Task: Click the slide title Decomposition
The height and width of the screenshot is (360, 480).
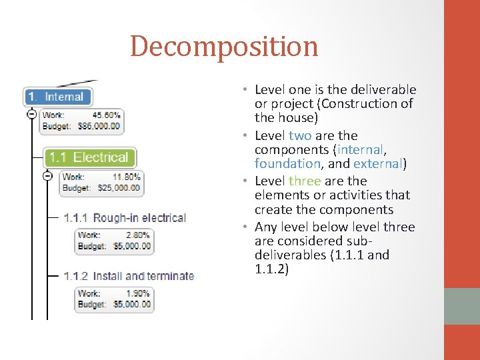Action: point(224,47)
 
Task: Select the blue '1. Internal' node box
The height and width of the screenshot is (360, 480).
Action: point(57,97)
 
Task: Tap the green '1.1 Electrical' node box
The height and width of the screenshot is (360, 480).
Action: point(89,157)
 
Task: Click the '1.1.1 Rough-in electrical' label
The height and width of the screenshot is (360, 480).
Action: point(124,218)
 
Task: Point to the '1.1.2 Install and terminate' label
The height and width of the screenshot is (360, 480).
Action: point(128,276)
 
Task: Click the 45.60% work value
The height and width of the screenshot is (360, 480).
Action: point(106,115)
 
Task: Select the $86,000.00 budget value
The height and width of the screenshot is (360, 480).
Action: point(98,125)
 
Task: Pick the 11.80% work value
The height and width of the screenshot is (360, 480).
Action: point(126,177)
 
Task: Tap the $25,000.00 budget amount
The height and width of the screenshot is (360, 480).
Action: point(118,187)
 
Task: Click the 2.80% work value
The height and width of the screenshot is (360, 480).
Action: point(138,235)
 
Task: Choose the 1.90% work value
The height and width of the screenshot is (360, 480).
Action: point(138,293)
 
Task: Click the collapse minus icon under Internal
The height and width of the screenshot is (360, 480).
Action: point(31,115)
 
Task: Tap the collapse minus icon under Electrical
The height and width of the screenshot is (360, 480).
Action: point(47,176)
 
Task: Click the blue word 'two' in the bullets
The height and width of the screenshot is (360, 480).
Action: point(300,135)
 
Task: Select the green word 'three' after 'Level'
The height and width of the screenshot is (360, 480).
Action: point(305,181)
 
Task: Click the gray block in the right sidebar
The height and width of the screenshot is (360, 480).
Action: point(461,306)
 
